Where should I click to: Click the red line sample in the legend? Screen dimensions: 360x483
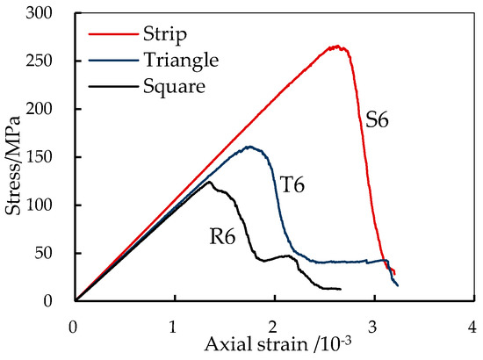(x=112, y=35)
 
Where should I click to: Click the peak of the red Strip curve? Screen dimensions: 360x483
(x=336, y=47)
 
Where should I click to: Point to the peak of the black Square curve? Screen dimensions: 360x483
(x=210, y=182)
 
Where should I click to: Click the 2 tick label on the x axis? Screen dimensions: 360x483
(x=274, y=326)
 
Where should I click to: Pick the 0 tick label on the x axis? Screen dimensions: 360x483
(x=75, y=326)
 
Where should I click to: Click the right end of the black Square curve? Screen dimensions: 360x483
(x=340, y=289)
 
